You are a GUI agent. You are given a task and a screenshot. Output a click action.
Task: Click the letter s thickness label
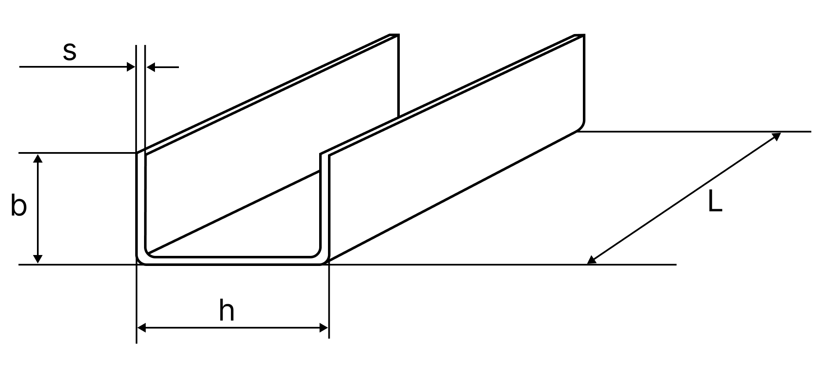point(70,52)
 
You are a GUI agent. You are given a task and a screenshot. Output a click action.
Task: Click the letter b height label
point(18,205)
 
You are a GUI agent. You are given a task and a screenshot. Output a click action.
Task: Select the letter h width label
point(227,311)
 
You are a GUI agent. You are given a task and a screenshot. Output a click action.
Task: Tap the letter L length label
point(715,201)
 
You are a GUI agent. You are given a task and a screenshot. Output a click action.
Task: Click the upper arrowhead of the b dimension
point(38,158)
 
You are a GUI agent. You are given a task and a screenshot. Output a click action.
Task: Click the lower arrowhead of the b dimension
point(38,259)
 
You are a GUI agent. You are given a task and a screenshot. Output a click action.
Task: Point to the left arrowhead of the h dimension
point(142,328)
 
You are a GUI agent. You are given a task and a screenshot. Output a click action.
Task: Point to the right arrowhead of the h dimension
point(323,328)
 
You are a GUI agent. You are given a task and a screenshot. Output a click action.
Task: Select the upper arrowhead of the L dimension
point(776,136)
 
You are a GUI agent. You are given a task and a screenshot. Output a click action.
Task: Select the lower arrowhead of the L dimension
point(592,260)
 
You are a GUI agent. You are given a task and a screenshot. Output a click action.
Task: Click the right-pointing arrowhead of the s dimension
point(131,67)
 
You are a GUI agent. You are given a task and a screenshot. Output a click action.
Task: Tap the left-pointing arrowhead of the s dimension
point(151,67)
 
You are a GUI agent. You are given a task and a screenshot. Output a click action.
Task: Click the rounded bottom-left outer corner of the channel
point(140,261)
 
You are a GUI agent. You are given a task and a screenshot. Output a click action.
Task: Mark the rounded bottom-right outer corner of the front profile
point(325,261)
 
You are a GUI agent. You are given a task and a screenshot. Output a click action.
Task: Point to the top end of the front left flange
point(141,153)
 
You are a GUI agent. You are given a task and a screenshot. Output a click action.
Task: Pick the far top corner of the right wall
point(583,35)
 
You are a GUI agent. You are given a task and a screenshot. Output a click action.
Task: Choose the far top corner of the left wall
point(397,35)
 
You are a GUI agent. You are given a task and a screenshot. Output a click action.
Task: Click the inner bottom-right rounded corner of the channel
point(317,253)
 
